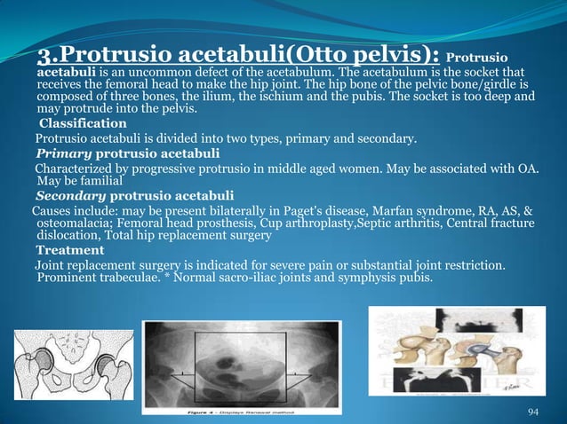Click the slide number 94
[533, 412]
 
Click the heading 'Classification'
[83, 123]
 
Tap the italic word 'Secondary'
[71, 195]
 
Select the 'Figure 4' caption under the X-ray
[205, 412]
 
